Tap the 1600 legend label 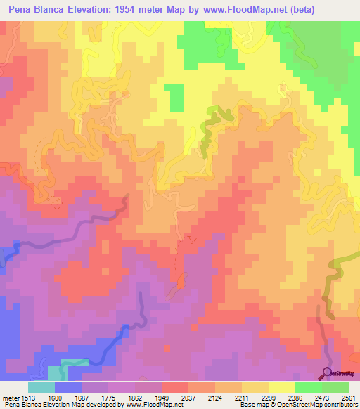pos(68,397)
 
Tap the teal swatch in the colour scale pos(41,387)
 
